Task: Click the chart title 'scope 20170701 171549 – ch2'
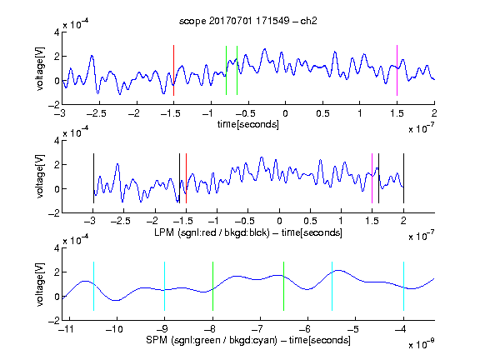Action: click(248, 21)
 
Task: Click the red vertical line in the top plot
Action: click(173, 70)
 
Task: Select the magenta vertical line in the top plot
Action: click(397, 70)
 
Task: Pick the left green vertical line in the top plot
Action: click(226, 70)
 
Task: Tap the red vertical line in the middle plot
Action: click(186, 178)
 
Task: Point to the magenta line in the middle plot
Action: click(372, 178)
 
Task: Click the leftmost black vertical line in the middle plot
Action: click(93, 178)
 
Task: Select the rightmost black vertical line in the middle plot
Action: click(403, 178)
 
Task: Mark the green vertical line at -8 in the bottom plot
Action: click(212, 286)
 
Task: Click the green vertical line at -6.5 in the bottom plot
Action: click(284, 286)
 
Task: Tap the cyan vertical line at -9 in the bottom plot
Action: click(164, 286)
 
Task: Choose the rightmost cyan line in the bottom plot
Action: click(403, 286)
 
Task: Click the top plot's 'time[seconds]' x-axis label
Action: click(248, 124)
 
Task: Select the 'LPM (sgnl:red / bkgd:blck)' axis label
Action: click(212, 232)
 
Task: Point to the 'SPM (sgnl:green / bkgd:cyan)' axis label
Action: click(212, 340)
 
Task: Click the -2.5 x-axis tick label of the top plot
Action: click(96, 113)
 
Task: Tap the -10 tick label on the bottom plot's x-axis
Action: click(114, 329)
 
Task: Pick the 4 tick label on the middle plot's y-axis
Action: click(57, 141)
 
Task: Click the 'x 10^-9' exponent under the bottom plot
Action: click(422, 344)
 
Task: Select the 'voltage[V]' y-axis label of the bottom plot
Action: click(40, 284)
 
